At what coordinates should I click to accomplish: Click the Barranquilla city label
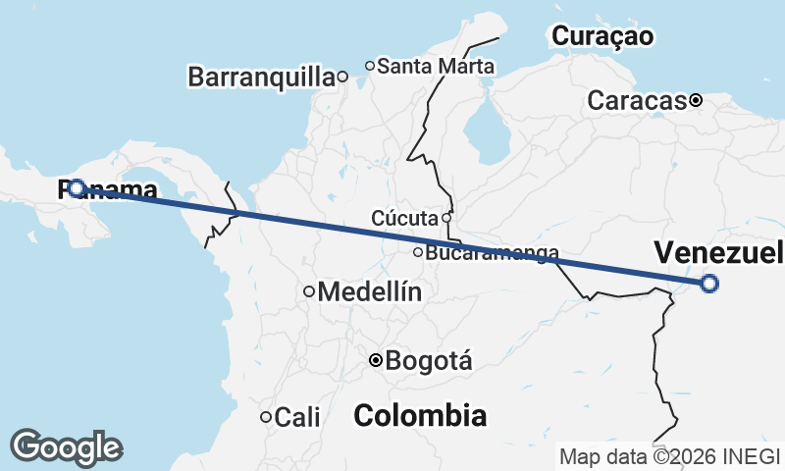(x=260, y=77)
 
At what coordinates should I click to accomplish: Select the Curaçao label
(x=602, y=36)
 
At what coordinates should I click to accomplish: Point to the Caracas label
(x=636, y=100)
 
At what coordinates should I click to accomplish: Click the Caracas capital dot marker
(x=696, y=100)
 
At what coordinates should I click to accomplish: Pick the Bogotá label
(x=430, y=361)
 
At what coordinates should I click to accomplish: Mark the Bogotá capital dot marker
(x=375, y=361)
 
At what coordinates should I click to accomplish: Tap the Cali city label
(x=297, y=417)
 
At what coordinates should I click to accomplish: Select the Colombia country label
(x=420, y=415)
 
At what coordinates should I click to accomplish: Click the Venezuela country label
(x=719, y=252)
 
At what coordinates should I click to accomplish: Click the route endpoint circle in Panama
(x=76, y=187)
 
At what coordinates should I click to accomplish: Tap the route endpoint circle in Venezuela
(x=709, y=285)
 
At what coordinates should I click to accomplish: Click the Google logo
(x=67, y=446)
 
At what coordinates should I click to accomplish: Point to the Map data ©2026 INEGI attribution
(x=670, y=456)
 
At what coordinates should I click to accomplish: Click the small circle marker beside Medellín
(x=309, y=291)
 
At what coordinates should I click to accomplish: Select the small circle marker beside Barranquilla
(x=342, y=77)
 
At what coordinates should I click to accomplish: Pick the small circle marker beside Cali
(x=265, y=417)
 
